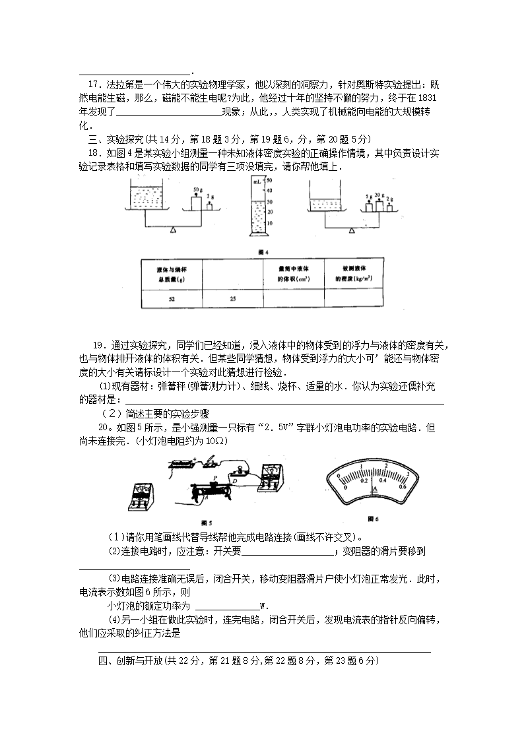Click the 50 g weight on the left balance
(196, 202)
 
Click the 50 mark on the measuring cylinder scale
(269, 179)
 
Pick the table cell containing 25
(232, 299)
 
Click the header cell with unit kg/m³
(354, 273)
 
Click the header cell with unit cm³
(292, 273)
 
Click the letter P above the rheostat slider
(214, 477)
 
